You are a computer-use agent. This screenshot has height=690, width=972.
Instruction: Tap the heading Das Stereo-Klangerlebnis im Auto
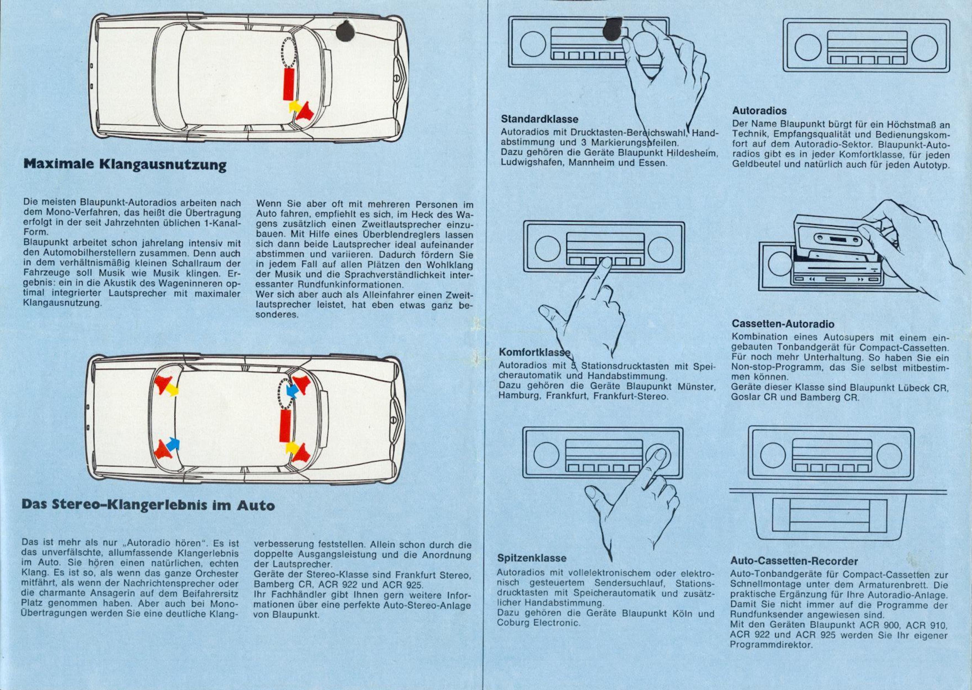point(148,505)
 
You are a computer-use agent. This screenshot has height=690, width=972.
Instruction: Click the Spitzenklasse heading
point(532,558)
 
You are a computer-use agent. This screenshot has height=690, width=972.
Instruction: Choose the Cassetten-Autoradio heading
point(783,324)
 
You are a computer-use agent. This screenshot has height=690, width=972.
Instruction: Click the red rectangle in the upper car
point(289,84)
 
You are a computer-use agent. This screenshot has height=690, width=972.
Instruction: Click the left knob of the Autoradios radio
point(808,47)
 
